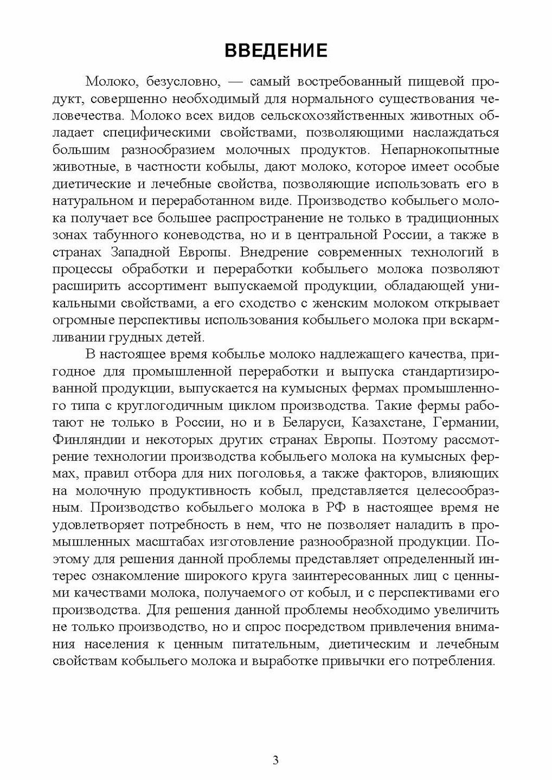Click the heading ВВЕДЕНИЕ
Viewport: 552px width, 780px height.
click(x=276, y=50)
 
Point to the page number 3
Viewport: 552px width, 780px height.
click(x=276, y=760)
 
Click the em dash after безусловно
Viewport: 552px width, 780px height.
click(x=235, y=82)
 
